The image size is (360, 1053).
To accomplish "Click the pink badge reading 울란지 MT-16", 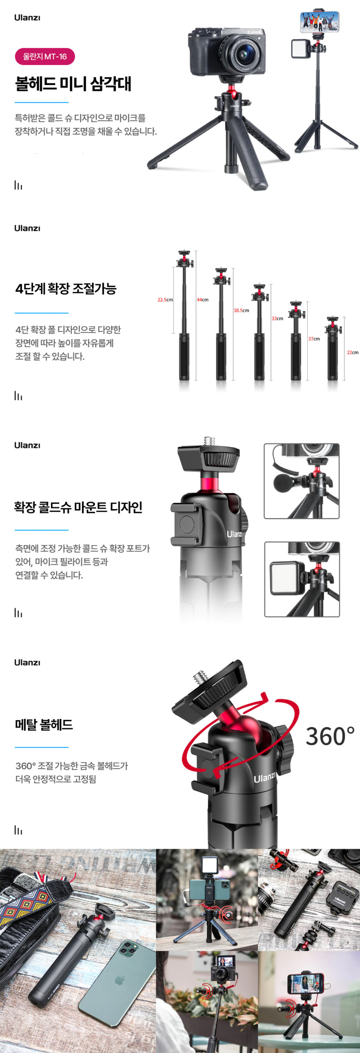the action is click(45, 57).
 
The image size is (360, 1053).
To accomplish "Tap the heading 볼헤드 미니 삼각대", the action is click(73, 83).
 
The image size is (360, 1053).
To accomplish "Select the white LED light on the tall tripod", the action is click(301, 48).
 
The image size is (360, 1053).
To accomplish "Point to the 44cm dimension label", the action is click(203, 300).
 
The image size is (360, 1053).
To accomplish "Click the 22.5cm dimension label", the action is click(165, 300).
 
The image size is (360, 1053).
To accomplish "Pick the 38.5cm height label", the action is click(241, 310).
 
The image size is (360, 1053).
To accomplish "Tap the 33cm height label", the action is click(277, 319).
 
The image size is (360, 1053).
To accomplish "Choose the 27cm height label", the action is click(314, 339).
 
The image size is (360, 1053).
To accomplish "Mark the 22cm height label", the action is click(352, 353).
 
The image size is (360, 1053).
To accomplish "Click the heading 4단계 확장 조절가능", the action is click(66, 288).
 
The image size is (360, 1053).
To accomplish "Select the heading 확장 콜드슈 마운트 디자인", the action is click(78, 507).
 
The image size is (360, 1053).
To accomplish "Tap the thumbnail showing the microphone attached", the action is click(301, 481).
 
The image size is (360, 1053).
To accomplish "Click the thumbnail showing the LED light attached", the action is click(302, 579).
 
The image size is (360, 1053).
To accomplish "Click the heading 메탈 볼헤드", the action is click(44, 724).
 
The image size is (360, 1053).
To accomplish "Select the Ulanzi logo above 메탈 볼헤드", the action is click(27, 662).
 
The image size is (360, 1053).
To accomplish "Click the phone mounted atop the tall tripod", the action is click(319, 22).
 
